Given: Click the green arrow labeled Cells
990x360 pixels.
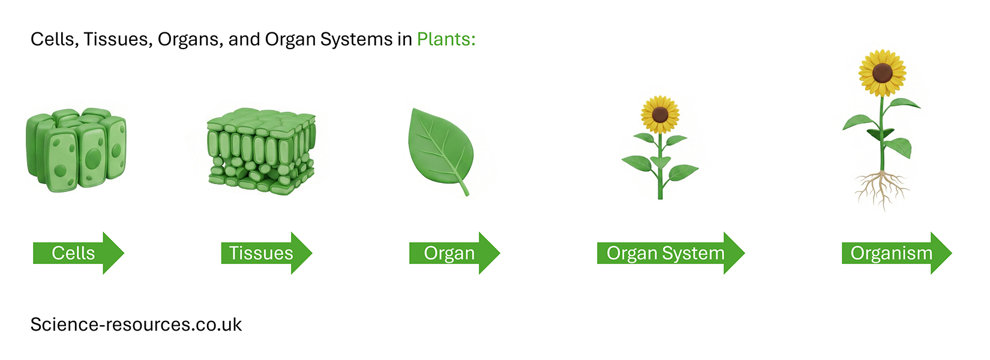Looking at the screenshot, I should [75, 253].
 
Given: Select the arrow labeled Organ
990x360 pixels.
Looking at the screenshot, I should [451, 253].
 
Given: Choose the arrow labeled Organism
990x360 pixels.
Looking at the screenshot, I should [893, 253].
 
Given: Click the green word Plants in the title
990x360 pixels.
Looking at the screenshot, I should [445, 40].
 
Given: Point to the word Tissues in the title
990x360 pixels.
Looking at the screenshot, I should [117, 40].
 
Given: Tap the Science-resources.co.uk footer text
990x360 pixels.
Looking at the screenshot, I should [136, 325].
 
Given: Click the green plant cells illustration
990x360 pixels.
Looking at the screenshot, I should [76, 150].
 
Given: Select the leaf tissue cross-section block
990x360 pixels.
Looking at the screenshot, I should [262, 150].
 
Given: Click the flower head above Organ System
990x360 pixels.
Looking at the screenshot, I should [660, 114].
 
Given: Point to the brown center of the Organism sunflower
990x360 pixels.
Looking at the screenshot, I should [882, 73].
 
